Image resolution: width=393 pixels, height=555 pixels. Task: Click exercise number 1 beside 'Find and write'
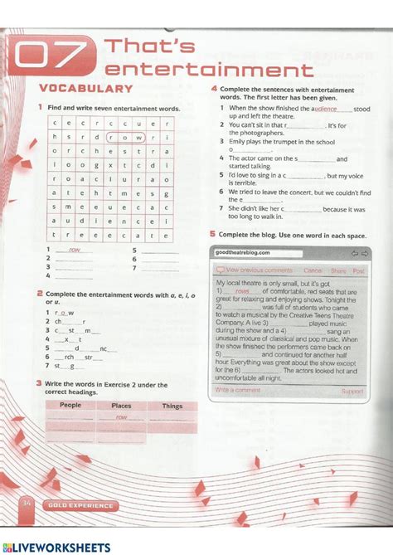[39, 108]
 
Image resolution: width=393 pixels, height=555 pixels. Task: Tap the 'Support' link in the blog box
[352, 390]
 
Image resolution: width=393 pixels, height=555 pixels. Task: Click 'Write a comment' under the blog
[237, 390]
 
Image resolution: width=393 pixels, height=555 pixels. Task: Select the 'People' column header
[70, 406]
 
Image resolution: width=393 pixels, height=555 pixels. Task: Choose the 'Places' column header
[122, 406]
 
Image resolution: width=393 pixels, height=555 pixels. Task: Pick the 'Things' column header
[172, 406]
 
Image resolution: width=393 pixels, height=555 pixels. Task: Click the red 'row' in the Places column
[121, 418]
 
